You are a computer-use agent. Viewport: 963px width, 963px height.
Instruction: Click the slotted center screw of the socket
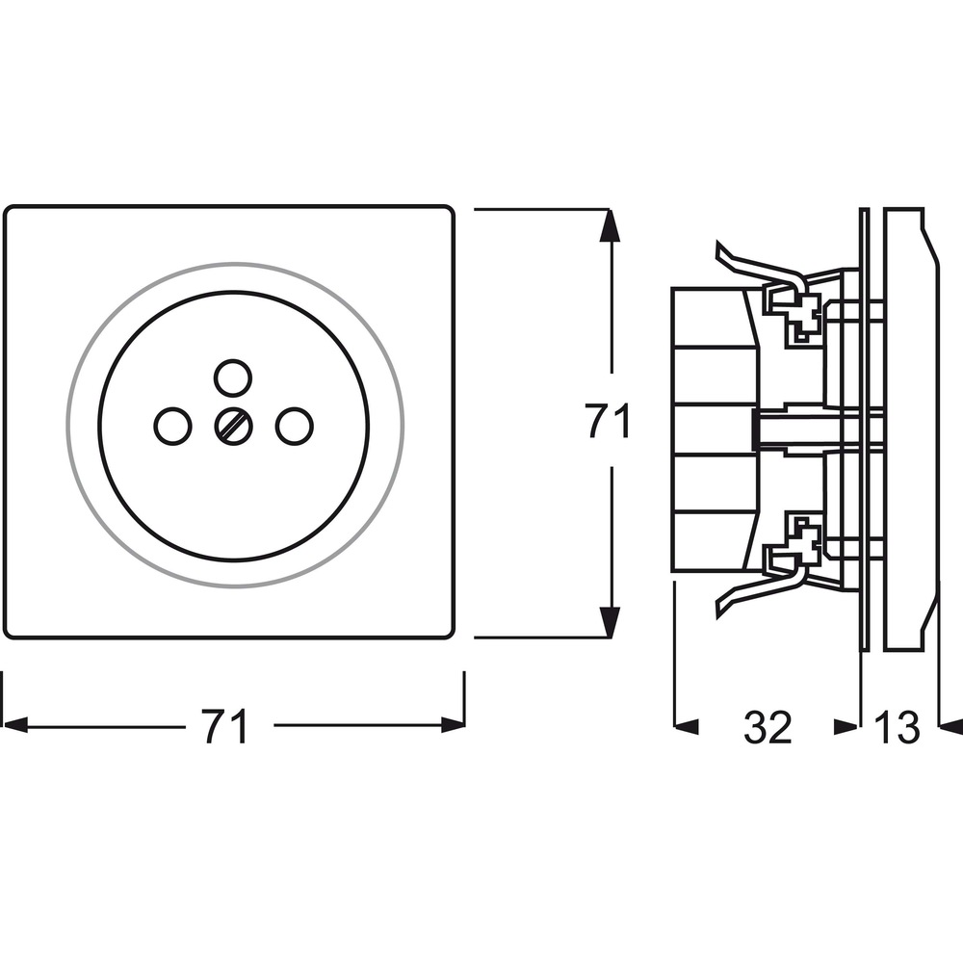233,426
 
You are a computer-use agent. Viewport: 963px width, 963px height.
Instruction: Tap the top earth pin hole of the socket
233,377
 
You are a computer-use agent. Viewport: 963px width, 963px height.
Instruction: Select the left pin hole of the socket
172,426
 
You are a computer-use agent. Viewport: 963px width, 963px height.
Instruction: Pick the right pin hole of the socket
294,426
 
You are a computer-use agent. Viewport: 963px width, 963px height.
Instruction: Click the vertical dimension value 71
607,422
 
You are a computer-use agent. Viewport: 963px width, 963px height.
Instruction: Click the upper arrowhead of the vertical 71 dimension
609,223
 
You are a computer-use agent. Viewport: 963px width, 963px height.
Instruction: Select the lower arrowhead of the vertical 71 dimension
609,622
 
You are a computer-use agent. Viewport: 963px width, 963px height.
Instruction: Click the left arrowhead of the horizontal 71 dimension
15,725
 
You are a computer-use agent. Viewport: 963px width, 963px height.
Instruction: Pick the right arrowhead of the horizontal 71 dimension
454,725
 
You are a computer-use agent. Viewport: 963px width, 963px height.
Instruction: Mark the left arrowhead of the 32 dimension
687,726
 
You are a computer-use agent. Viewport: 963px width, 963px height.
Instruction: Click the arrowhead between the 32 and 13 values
846,726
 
